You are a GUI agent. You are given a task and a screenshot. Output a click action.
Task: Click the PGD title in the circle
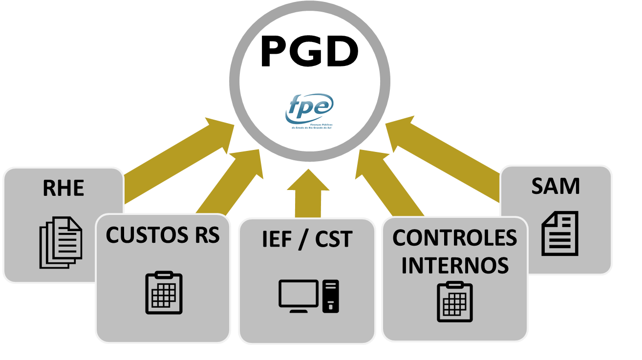click(309, 52)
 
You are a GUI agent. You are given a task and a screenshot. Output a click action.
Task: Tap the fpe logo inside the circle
click(309, 109)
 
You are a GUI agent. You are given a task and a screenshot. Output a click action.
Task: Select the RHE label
click(64, 188)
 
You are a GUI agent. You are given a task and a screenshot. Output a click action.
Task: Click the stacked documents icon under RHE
click(61, 242)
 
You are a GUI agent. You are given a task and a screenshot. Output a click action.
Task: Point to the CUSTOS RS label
click(163, 235)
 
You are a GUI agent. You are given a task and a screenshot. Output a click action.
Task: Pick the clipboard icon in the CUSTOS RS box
click(164, 293)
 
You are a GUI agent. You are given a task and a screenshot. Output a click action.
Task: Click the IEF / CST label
click(307, 239)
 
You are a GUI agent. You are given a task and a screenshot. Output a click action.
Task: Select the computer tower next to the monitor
click(331, 296)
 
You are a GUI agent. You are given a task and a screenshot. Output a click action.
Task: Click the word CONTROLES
click(455, 238)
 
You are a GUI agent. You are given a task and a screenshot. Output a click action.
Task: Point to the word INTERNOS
click(455, 265)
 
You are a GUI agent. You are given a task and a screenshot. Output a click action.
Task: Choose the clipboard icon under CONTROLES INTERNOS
click(454, 302)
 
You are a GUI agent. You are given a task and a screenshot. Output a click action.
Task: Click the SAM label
click(556, 186)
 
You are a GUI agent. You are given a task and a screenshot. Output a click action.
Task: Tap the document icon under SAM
click(559, 233)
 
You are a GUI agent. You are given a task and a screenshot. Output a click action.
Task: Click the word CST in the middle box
click(333, 239)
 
